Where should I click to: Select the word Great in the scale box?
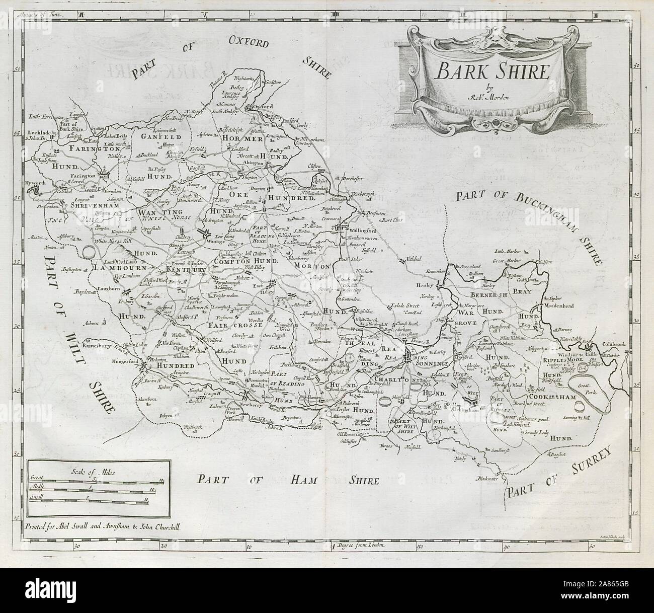tap(38, 477)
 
